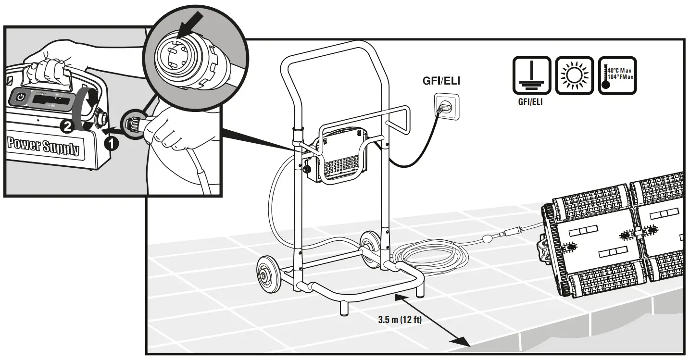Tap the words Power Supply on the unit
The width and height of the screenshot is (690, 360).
pyautogui.click(x=43, y=146)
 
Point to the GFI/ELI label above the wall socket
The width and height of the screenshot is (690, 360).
pyautogui.click(x=441, y=81)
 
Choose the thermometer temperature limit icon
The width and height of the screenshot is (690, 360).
pyautogui.click(x=617, y=75)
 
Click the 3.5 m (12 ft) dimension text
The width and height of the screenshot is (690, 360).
pyautogui.click(x=399, y=320)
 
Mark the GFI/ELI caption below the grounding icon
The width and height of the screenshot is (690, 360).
pyautogui.click(x=530, y=102)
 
